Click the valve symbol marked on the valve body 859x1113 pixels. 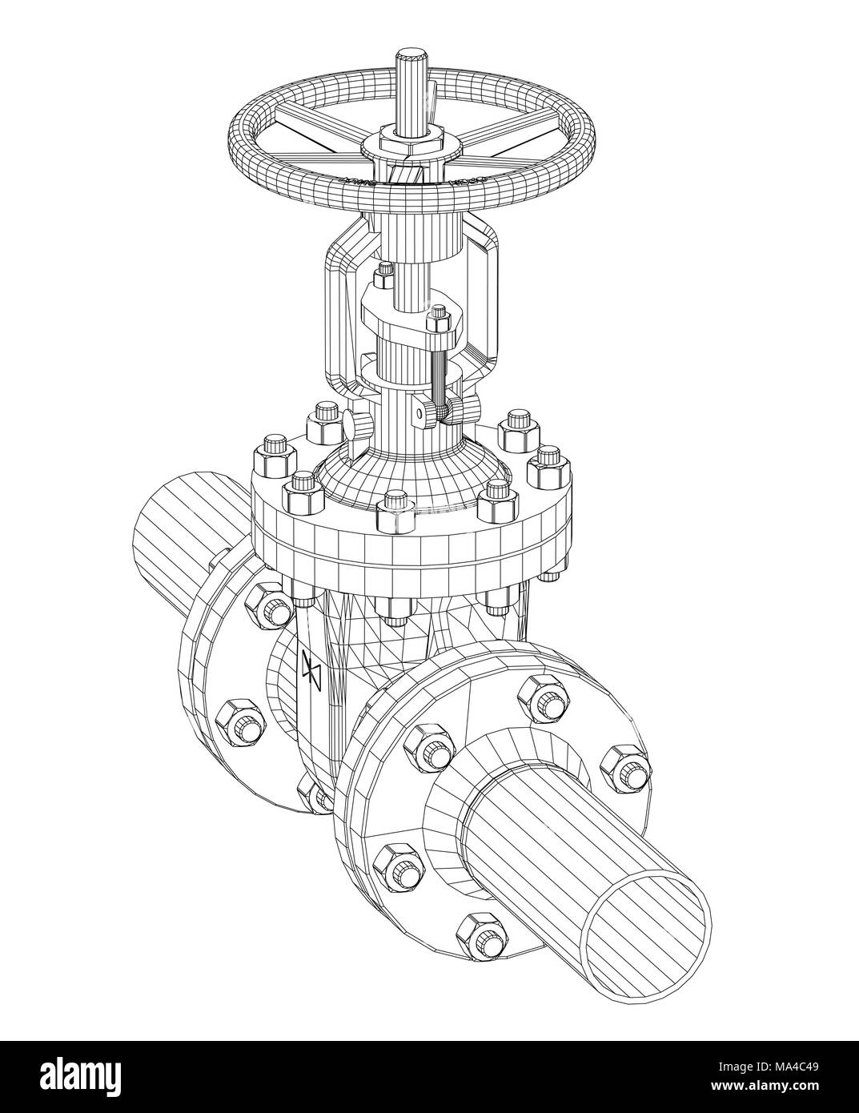(311, 672)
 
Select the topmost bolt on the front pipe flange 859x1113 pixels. (544, 699)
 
